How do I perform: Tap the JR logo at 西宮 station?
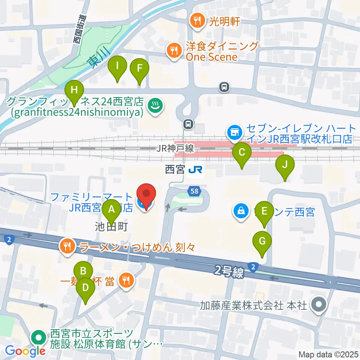195,170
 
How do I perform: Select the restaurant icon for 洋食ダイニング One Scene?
174,51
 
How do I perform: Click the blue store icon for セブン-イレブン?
235,132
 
